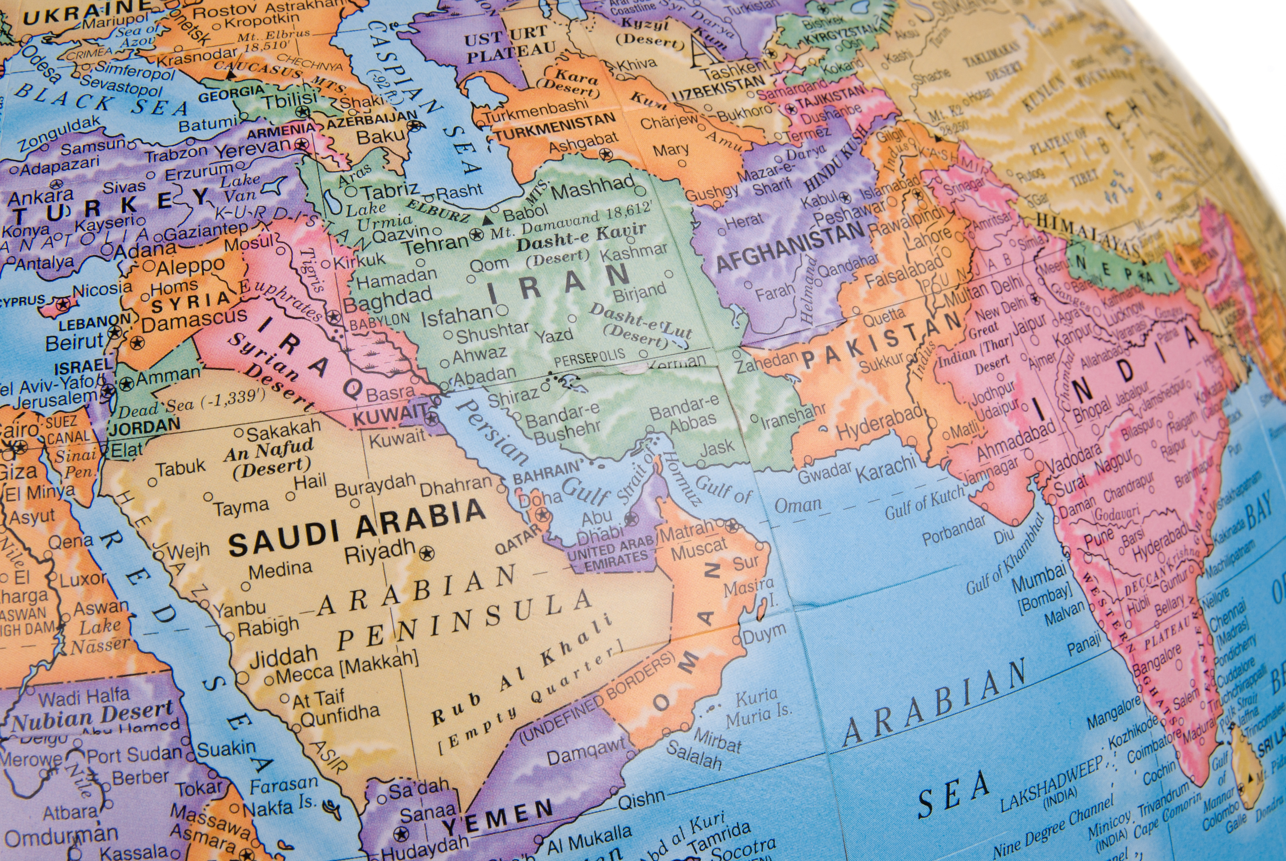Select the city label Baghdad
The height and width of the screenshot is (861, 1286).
[x=388, y=299]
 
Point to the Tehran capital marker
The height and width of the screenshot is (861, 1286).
[x=477, y=237]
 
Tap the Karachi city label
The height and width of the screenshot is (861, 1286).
[x=886, y=467]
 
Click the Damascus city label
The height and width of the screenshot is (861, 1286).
[x=194, y=320]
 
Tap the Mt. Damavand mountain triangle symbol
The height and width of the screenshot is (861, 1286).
[x=486, y=220]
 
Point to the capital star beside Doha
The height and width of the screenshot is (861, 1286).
[x=543, y=515]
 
